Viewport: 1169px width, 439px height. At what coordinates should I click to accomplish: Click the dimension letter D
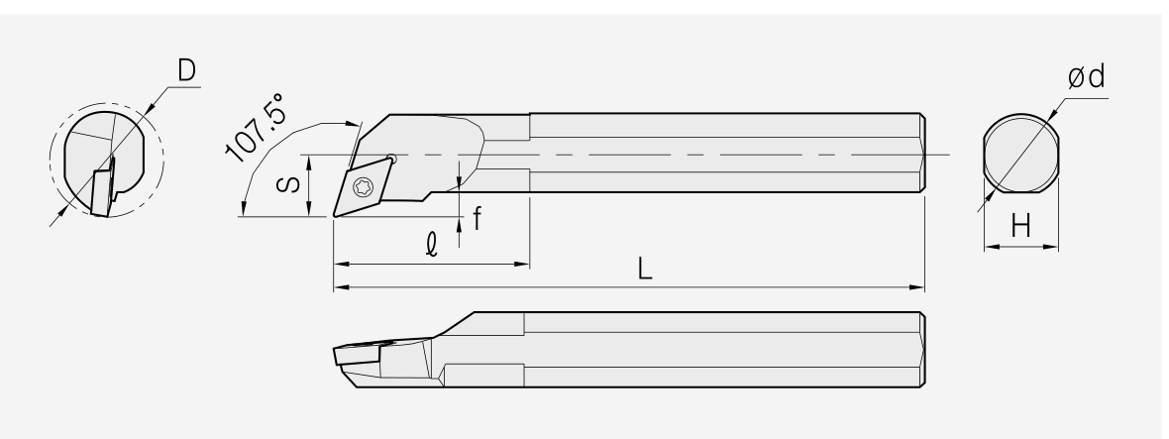click(186, 70)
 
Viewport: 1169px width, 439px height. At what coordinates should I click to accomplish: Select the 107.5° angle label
click(256, 128)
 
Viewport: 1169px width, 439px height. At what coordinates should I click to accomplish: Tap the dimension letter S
click(288, 184)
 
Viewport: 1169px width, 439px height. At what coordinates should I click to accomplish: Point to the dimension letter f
click(478, 218)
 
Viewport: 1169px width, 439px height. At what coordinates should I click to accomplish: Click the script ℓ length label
click(432, 245)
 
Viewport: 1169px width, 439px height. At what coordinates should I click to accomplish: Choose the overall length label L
click(646, 269)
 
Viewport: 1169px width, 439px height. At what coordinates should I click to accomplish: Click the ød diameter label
click(1086, 76)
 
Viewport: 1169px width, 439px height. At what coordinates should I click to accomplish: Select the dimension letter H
click(1020, 225)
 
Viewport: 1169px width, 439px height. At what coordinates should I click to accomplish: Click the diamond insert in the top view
click(365, 185)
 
